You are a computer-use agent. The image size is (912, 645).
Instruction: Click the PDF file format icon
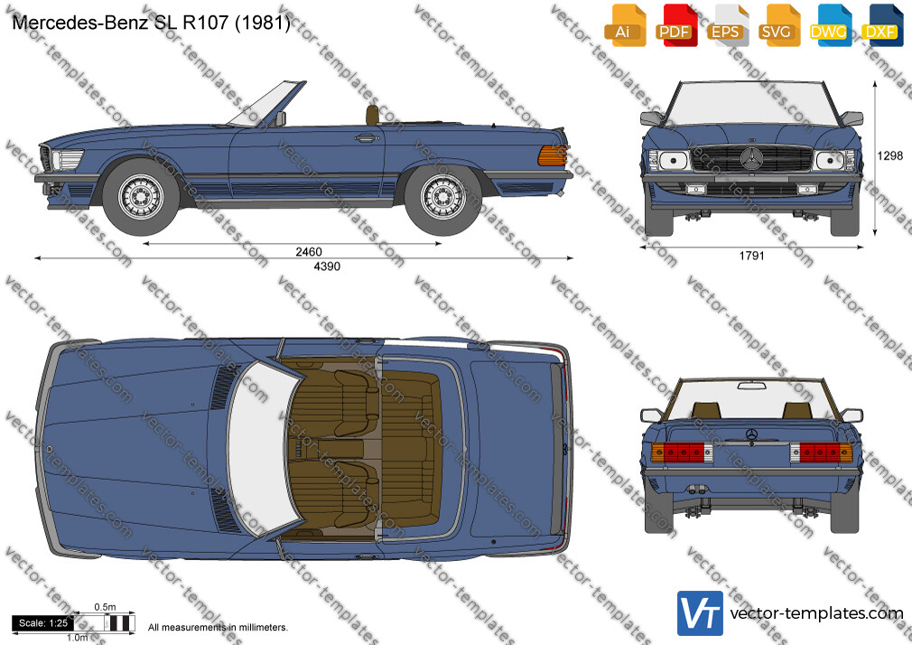pos(675,25)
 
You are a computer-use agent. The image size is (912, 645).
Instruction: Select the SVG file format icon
pos(777,25)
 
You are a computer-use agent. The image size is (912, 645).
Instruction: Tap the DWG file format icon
pos(829,25)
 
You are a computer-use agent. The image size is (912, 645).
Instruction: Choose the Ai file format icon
pos(624,25)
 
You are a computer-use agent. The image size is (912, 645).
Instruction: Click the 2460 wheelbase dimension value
pos(308,251)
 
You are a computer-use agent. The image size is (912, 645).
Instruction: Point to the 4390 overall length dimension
pos(327,266)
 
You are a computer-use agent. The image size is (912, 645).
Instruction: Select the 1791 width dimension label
pos(751,256)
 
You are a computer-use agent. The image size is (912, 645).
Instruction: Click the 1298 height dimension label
pos(890,155)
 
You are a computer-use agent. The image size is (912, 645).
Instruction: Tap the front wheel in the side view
pos(142,197)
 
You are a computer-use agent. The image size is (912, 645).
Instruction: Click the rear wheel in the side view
pos(443,197)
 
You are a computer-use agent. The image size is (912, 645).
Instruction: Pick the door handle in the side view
pos(367,138)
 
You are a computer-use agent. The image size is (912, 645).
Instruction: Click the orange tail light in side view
pos(552,155)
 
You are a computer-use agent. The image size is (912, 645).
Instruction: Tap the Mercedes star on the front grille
pos(751,158)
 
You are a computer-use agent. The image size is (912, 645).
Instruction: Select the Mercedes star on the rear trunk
pos(751,435)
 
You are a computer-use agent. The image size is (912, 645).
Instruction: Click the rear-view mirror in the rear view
pos(751,386)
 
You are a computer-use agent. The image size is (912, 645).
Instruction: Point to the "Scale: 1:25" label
pos(43,623)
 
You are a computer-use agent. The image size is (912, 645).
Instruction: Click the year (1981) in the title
pos(263,22)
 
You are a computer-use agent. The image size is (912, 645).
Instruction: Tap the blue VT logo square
pos(701,613)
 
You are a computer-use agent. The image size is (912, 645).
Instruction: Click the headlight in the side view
pos(67,160)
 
